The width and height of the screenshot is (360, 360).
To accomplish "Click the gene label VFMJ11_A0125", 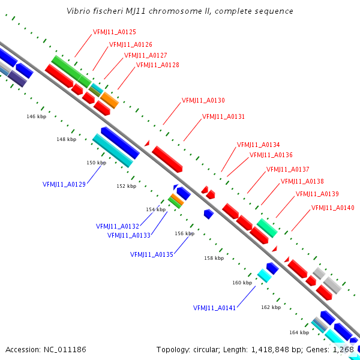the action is pos(115,32).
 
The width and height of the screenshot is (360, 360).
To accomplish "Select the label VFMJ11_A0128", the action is pos(157,65).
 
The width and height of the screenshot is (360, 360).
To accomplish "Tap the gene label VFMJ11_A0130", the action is pos(203,100).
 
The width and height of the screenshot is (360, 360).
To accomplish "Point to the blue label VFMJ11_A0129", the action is pos(64,184).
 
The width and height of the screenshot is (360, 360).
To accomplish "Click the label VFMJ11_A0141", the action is pos(214,308).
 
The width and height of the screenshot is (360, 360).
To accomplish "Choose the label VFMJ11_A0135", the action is pos(152,254).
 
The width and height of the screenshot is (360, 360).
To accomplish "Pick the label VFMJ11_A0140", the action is pos(332,208).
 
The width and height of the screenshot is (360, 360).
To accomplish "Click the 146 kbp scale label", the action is pos(36,116).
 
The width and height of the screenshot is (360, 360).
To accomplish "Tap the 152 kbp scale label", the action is pos(126,186).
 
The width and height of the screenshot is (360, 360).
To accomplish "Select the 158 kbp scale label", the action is pos(214,258).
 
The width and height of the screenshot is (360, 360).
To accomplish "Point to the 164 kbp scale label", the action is pos(299,332).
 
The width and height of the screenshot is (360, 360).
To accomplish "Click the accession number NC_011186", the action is pos(65,350).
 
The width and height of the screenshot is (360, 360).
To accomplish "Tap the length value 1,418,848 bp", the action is pos(270,350).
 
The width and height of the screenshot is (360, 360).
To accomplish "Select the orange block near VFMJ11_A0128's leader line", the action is pos(110,100).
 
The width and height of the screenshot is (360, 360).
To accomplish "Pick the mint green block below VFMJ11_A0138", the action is pos(267,228).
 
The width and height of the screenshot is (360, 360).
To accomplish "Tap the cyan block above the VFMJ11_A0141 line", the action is pos(264,275).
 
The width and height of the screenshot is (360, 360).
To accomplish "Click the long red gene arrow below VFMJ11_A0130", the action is pos(167,159).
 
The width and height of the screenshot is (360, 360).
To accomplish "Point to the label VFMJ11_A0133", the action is pos(129,235).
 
